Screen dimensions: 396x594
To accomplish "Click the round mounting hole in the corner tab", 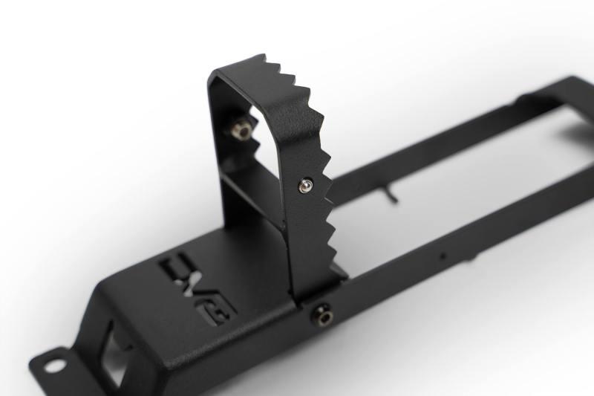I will coord(55,365).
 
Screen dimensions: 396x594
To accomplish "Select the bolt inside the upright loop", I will coord(240,131).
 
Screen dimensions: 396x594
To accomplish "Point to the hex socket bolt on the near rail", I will coord(324,315).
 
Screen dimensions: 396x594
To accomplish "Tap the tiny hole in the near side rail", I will coord(443,256).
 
